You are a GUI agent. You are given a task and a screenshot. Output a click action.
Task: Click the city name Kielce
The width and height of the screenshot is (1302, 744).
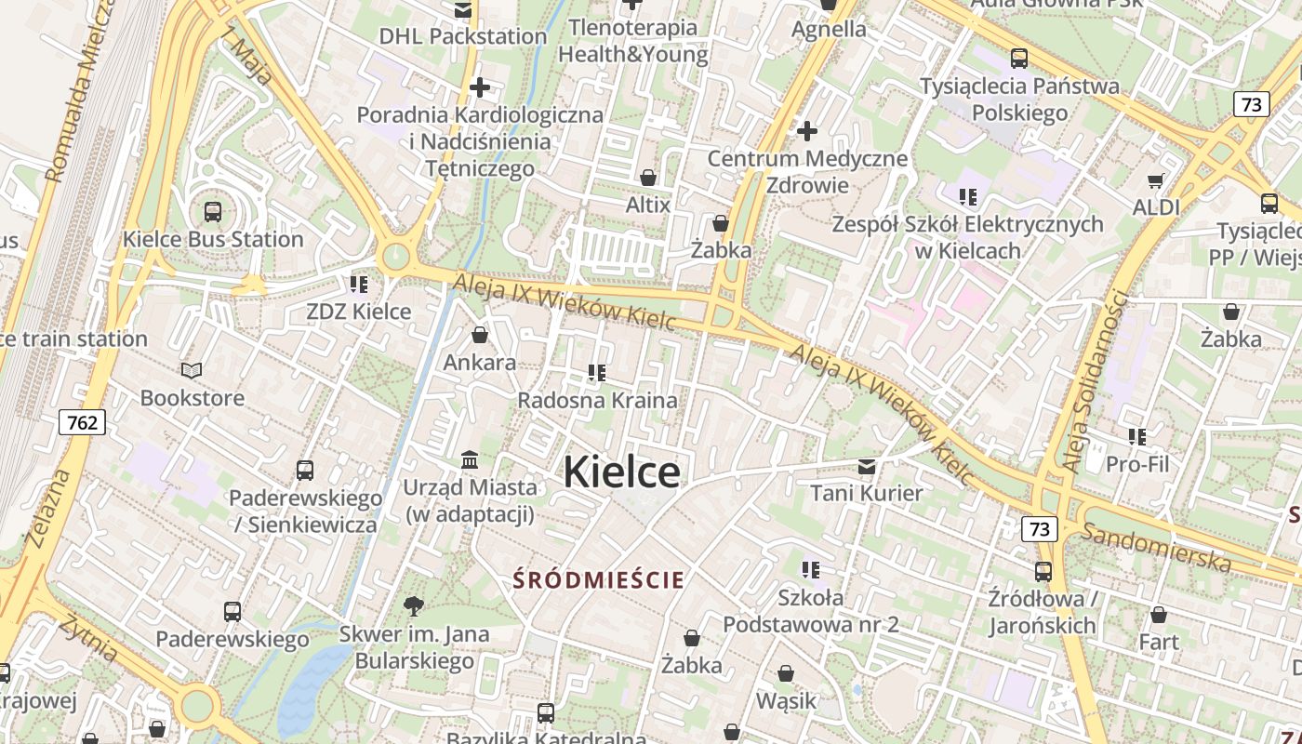click(621, 472)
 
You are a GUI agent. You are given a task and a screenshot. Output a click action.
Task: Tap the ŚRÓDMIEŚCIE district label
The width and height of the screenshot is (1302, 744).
click(599, 580)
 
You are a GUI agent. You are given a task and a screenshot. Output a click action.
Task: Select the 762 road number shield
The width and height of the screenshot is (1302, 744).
click(82, 423)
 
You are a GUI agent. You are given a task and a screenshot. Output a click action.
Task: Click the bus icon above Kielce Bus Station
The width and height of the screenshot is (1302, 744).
click(213, 211)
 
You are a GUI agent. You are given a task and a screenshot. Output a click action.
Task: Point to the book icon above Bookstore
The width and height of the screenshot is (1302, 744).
click(192, 371)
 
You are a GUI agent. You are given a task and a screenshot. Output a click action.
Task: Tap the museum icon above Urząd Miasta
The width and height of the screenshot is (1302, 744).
click(470, 459)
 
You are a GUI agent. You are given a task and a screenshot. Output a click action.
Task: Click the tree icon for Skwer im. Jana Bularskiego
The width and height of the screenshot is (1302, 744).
click(414, 606)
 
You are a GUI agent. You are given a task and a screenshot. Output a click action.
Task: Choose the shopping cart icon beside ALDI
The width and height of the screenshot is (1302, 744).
click(1156, 180)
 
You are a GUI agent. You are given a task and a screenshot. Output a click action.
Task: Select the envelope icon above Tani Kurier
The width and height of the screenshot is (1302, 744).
click(867, 465)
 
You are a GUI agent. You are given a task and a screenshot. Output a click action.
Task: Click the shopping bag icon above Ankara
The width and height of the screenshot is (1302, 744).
click(480, 335)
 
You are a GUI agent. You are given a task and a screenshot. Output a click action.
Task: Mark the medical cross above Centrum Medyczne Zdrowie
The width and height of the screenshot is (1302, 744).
click(807, 131)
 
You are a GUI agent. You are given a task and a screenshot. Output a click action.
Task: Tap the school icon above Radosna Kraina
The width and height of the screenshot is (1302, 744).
click(597, 373)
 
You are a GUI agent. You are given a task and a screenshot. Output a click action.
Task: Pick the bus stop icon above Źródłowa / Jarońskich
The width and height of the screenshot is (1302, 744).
click(1043, 571)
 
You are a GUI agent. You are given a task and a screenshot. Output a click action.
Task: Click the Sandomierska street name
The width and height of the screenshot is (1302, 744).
click(1155, 547)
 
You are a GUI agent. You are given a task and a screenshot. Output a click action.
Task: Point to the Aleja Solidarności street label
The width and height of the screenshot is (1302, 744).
click(1094, 381)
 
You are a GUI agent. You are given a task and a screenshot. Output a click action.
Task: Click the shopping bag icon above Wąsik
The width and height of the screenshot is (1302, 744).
click(786, 673)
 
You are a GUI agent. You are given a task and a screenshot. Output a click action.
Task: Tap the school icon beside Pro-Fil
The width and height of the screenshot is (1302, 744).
click(1136, 436)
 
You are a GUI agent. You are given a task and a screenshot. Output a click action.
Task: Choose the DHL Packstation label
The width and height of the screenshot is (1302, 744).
click(463, 36)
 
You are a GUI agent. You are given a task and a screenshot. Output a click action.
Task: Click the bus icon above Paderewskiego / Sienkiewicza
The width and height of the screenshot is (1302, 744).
click(305, 470)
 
